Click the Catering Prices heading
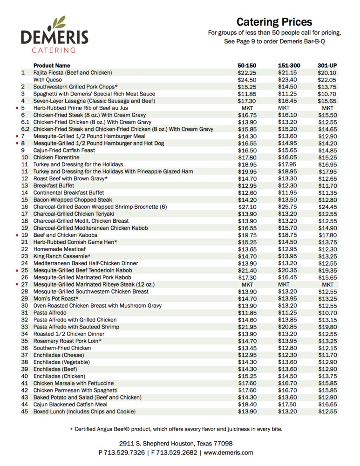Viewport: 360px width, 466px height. (x=274, y=22)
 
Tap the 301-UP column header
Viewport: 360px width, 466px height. (x=327, y=65)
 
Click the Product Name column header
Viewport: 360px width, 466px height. (x=52, y=65)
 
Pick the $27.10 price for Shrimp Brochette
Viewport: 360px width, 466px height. (x=247, y=206)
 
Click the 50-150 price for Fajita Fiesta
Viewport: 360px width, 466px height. (x=247, y=73)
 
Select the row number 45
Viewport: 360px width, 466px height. (x=25, y=411)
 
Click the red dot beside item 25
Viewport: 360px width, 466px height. (x=17, y=270)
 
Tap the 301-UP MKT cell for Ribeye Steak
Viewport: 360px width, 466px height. (x=327, y=284)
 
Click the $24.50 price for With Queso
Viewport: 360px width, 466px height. (x=247, y=80)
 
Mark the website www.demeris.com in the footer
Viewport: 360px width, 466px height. (x=228, y=452)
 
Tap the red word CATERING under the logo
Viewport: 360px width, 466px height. (x=54, y=50)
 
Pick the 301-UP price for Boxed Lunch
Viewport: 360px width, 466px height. (x=327, y=411)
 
